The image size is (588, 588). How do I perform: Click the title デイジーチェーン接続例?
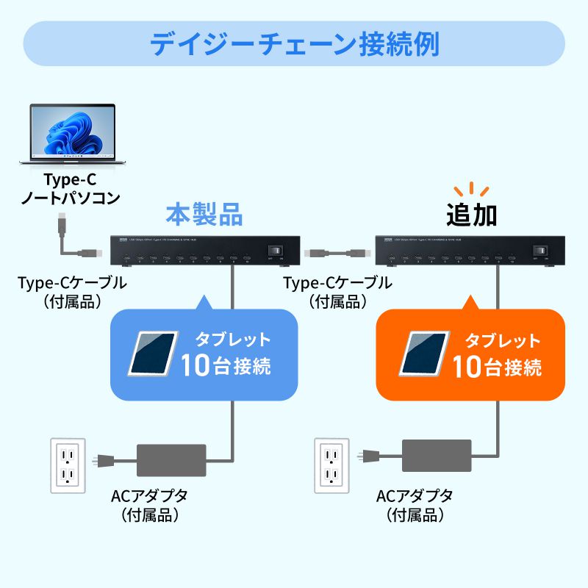(x=294, y=43)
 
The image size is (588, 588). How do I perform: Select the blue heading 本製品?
(x=204, y=215)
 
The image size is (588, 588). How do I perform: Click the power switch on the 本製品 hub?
(x=278, y=251)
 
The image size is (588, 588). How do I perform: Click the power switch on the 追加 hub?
(x=542, y=251)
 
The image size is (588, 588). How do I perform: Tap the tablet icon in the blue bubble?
(x=153, y=353)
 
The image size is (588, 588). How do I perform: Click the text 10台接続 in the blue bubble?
(x=226, y=365)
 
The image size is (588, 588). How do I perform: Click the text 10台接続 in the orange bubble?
(x=497, y=365)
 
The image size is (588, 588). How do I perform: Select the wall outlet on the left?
(x=68, y=465)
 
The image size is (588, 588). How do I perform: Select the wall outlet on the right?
(x=333, y=465)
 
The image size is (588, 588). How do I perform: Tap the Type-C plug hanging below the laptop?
(x=62, y=223)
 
